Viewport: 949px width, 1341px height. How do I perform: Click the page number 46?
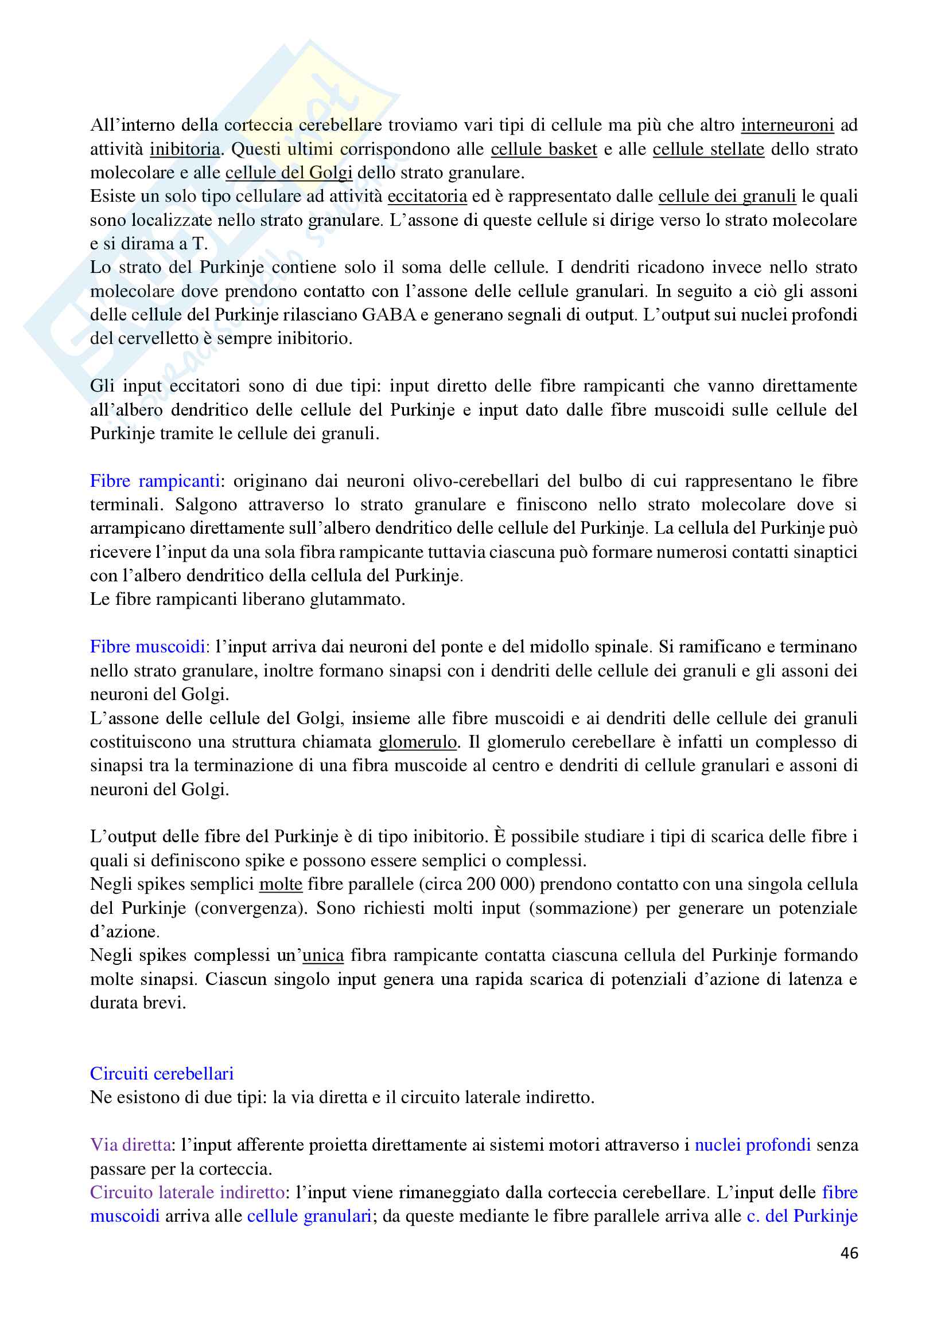point(849,1252)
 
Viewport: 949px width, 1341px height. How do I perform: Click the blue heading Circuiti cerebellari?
point(161,1073)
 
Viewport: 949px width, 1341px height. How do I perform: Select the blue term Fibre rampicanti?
point(155,480)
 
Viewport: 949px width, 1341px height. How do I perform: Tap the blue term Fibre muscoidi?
point(147,646)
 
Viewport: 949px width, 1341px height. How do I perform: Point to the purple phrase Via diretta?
point(130,1144)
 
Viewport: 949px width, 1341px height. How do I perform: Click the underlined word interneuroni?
point(787,125)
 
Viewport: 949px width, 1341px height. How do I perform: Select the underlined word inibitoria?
point(185,149)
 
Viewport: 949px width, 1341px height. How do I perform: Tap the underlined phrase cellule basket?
point(543,149)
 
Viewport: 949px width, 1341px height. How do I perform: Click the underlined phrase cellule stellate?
point(708,149)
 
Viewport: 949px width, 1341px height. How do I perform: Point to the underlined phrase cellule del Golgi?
point(289,173)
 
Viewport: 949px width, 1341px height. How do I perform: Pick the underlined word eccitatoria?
point(427,196)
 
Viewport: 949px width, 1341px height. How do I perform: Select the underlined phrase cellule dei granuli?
point(727,196)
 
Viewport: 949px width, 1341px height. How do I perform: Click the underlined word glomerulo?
point(418,741)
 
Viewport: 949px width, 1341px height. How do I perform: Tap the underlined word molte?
point(281,883)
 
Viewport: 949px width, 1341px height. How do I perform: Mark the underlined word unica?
point(322,955)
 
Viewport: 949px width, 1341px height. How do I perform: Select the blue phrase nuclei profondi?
point(752,1144)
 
